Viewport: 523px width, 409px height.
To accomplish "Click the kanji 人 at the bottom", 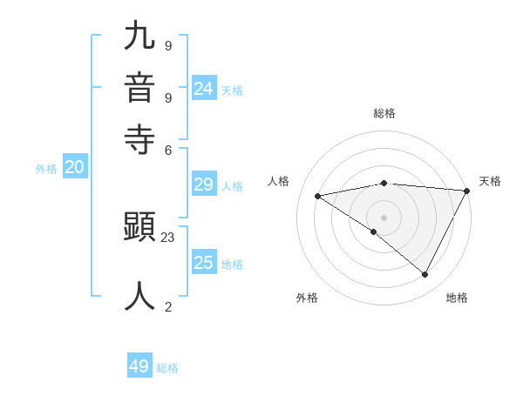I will [139, 295].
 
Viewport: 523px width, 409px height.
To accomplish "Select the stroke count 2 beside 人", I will [167, 305].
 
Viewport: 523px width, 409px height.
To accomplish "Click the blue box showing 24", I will [204, 88].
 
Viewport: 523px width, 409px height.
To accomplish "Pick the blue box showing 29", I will [204, 184].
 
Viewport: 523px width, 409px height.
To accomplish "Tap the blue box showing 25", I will [204, 263].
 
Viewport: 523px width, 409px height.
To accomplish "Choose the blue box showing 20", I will [74, 168].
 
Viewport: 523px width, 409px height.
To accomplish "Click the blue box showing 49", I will [139, 366].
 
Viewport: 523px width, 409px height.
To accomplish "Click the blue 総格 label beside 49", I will [167, 368].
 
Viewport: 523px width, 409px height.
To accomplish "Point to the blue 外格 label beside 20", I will [46, 170].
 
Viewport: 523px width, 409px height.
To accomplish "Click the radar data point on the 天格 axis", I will [466, 191].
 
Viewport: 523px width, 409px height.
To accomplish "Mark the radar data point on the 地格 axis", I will [425, 275].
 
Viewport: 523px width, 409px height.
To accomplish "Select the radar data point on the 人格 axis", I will [318, 196].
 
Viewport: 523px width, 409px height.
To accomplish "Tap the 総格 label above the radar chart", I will [384, 113].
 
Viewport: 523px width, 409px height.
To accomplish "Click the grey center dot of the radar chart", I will [384, 217].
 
